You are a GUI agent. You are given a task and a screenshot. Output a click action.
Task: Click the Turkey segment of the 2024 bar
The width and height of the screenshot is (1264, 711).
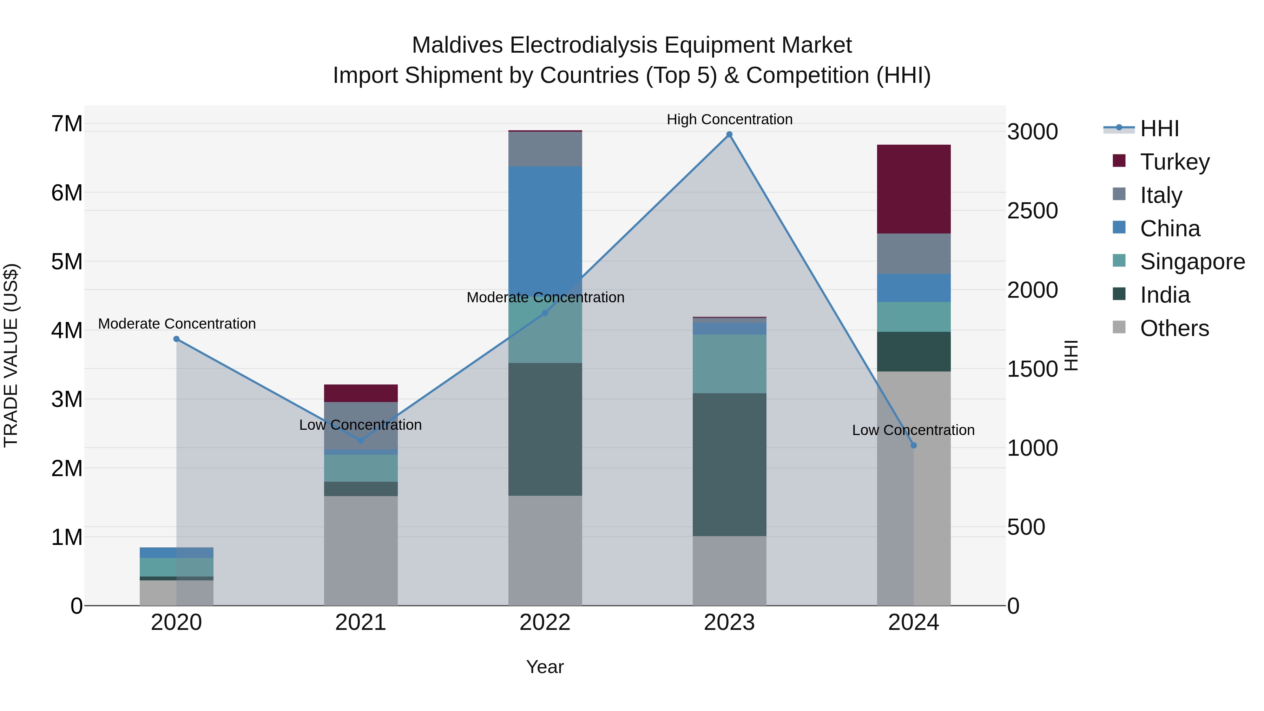click(913, 189)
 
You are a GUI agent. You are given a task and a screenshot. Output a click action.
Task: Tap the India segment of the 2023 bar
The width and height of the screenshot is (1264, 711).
click(729, 464)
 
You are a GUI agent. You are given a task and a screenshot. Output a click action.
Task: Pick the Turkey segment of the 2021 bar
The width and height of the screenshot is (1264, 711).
click(361, 393)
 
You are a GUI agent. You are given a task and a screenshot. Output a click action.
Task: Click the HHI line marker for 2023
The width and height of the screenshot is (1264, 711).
click(729, 134)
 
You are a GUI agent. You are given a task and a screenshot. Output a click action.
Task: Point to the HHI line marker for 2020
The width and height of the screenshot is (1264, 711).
click(177, 339)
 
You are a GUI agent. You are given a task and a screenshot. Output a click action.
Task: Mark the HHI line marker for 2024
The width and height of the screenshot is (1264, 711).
click(913, 446)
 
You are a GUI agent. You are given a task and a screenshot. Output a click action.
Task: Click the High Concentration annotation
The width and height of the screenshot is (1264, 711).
click(729, 119)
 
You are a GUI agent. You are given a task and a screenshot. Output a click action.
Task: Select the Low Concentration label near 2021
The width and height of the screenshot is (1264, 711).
click(360, 424)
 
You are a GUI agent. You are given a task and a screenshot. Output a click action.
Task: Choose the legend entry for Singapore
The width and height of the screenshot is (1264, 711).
click(1192, 262)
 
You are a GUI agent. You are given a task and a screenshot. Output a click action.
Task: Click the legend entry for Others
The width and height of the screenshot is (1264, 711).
click(1174, 328)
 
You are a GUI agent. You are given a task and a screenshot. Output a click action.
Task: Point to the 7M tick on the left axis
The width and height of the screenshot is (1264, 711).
click(67, 124)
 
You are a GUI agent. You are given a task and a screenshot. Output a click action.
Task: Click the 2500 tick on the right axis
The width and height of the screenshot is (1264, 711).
click(1032, 211)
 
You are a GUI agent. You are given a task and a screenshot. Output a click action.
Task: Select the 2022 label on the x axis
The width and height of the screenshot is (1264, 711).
click(545, 623)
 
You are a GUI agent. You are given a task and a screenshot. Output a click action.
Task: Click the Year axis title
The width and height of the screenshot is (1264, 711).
click(545, 667)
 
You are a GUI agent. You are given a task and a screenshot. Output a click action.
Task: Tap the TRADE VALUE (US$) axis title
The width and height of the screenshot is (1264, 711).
click(11, 355)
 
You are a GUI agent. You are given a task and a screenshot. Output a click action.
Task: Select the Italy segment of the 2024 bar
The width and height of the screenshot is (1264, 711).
click(913, 254)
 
